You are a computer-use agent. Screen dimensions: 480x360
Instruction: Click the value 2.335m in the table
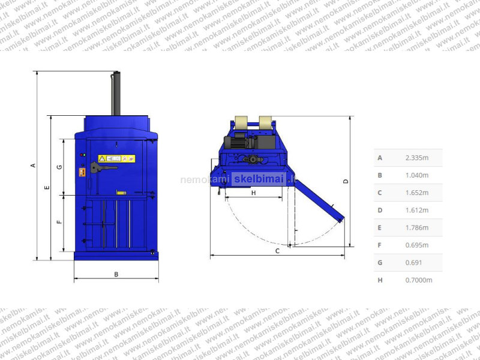coord(416,158)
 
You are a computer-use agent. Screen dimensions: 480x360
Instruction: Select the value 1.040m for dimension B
coord(416,175)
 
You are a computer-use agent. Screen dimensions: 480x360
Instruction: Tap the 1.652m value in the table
coord(416,193)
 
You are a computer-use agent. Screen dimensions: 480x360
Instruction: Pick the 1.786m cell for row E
coord(416,228)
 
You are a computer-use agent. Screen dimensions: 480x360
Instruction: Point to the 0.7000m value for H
coord(418,280)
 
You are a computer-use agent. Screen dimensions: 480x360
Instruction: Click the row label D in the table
coord(380,211)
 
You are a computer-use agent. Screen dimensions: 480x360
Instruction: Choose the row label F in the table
coord(380,245)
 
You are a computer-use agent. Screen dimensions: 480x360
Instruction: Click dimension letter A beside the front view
coord(33,166)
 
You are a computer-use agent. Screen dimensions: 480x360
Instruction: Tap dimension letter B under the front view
coord(116,274)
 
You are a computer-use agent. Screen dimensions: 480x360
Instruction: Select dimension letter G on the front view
coord(59,167)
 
